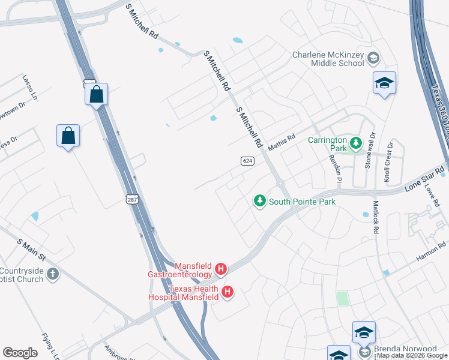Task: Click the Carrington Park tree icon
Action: [356, 143]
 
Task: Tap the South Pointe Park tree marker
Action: [260, 201]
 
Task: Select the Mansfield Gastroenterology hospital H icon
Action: [221, 269]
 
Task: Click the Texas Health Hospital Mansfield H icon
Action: [228, 292]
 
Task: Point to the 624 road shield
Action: [248, 161]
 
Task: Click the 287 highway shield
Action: [133, 199]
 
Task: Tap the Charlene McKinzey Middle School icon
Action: [373, 58]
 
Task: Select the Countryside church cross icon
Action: [53, 274]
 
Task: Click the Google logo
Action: [20, 353]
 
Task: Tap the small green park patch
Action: [342, 298]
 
